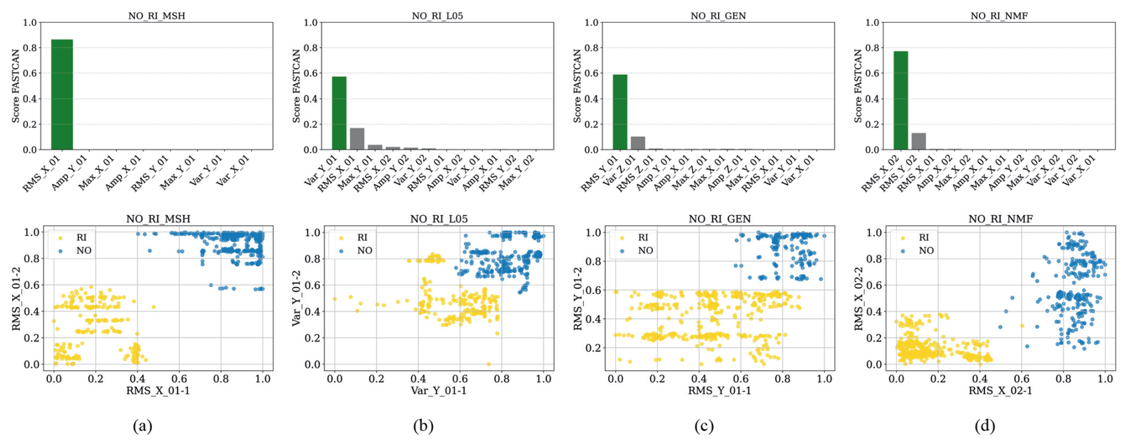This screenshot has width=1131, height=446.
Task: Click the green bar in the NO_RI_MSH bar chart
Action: point(62,94)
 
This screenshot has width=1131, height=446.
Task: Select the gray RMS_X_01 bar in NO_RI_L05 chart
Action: point(357,139)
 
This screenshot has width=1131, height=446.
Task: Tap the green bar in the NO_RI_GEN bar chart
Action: point(620,112)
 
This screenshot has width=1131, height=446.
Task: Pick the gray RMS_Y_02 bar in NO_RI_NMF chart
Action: point(918,141)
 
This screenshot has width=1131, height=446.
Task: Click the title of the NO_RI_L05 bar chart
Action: point(438,16)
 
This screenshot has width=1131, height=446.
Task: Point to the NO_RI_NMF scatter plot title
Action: point(1000,219)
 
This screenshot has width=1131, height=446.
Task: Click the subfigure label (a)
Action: point(142,426)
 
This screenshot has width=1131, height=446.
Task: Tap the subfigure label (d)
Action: point(985,426)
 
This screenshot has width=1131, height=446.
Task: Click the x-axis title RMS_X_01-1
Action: point(158,391)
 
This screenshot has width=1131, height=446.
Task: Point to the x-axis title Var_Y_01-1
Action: point(438,391)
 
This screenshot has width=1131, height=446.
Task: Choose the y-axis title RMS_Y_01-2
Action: point(578,298)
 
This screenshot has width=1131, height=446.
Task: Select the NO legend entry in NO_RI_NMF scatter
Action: point(925,251)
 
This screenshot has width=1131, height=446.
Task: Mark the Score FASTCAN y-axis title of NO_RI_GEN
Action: point(578,86)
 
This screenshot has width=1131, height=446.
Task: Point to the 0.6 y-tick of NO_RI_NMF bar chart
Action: point(872,74)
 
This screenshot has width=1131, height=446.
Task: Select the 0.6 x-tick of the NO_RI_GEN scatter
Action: point(741,378)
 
